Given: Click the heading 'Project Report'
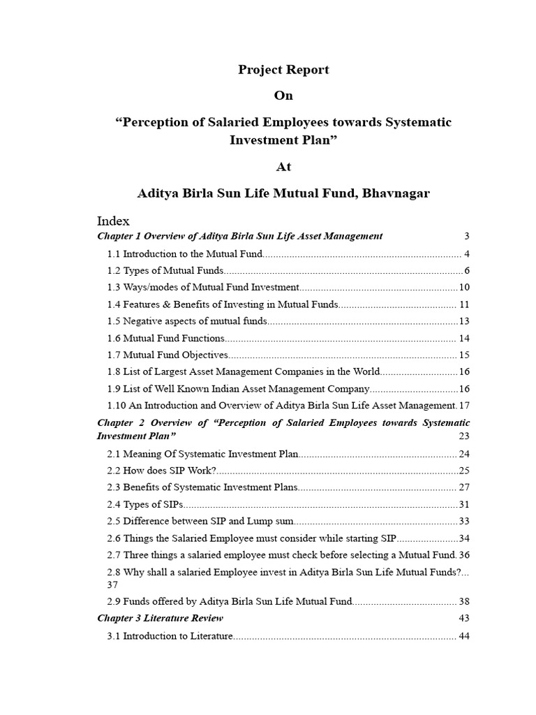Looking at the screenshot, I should tap(283, 70).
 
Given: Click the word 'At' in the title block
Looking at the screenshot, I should tap(283, 167).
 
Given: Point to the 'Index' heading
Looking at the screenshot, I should tap(113, 221).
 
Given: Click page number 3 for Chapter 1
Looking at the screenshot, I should tap(466, 236).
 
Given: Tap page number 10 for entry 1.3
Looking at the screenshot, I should tap(464, 287).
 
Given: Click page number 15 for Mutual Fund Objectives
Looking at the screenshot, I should tap(464, 355).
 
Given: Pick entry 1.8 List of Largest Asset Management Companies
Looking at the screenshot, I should tap(244, 371).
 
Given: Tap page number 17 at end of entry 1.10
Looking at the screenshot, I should tap(464, 405).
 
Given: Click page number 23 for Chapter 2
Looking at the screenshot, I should tap(464, 436).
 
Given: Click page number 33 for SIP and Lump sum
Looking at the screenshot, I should tap(464, 521).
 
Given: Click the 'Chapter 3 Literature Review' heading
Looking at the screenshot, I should tap(161, 618).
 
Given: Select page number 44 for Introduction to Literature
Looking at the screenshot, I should tap(464, 636).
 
